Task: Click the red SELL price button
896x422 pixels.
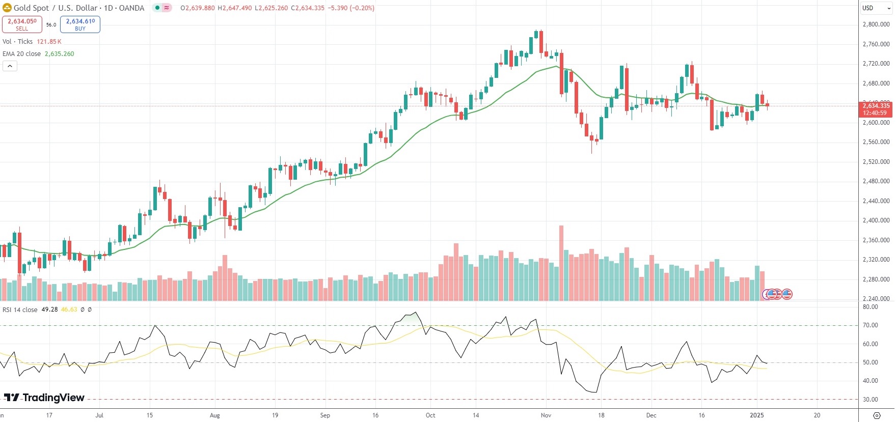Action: (22, 24)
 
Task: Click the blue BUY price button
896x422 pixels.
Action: (80, 24)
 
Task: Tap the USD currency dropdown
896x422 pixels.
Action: (876, 8)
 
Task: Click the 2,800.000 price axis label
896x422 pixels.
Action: (876, 24)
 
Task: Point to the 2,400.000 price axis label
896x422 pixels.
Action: (876, 220)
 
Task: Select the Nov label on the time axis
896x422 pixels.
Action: (546, 415)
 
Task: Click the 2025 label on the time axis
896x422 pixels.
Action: (756, 415)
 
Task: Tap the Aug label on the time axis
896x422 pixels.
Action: (215, 415)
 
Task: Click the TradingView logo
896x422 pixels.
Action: (44, 398)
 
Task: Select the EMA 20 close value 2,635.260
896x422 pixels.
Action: (59, 54)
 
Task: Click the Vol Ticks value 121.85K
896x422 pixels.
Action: (49, 42)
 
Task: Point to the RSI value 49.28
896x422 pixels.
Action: (49, 310)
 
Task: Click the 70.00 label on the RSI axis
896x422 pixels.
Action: (871, 325)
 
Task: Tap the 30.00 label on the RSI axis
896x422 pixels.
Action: (871, 400)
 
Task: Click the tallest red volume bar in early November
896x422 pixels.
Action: (561, 262)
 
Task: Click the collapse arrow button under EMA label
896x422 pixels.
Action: (10, 66)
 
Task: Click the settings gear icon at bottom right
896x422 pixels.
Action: (877, 415)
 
